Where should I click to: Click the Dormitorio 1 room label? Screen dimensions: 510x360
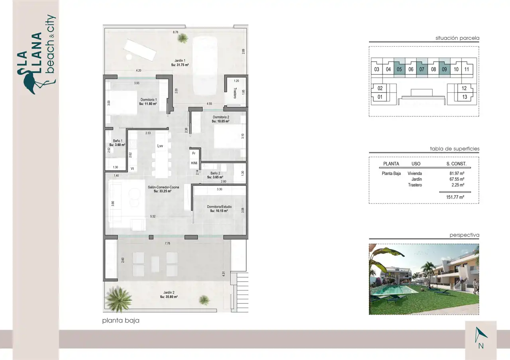[x=149, y=100]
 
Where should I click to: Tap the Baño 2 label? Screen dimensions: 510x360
[x=215, y=173]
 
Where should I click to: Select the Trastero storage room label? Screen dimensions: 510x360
[x=235, y=93]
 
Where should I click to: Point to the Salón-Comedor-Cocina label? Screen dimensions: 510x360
[x=163, y=187]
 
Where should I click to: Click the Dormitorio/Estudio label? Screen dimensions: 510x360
[x=219, y=207]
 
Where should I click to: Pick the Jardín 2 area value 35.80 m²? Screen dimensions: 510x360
[x=169, y=297]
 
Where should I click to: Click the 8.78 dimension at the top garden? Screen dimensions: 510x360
[x=175, y=32]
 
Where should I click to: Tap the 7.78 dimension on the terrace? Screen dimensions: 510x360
[x=167, y=243]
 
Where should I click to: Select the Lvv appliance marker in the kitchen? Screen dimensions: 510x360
[x=160, y=146]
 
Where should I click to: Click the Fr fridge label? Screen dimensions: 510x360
[x=194, y=153]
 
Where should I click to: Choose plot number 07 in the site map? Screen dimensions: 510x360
[x=422, y=69]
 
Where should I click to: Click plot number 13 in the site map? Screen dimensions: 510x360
[x=465, y=97]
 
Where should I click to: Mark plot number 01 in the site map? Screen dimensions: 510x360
[x=380, y=97]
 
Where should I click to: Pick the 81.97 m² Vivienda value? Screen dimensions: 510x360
[x=457, y=173]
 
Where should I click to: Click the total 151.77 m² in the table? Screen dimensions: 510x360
[x=455, y=197]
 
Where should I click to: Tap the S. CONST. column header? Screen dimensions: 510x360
[x=456, y=164]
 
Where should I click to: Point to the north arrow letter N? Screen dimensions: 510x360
[x=481, y=346]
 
